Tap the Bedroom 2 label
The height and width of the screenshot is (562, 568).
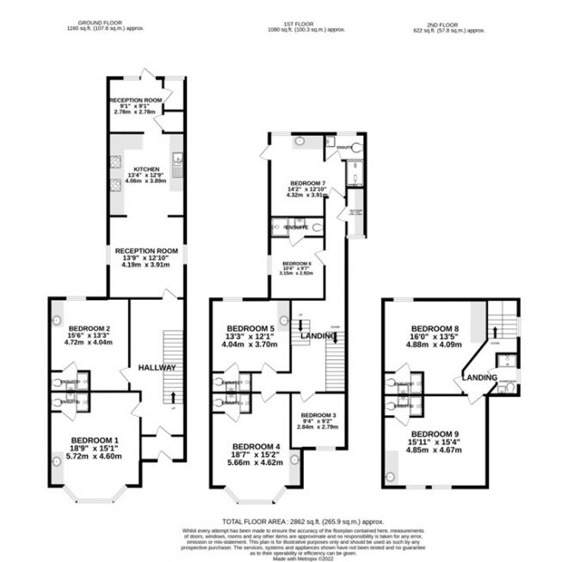point(89,328)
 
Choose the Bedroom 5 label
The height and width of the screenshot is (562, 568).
point(250,328)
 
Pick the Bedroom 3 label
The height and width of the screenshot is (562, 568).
point(318,414)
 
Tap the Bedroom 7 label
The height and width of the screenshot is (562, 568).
point(307,185)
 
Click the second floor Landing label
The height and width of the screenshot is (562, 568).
point(479,377)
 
